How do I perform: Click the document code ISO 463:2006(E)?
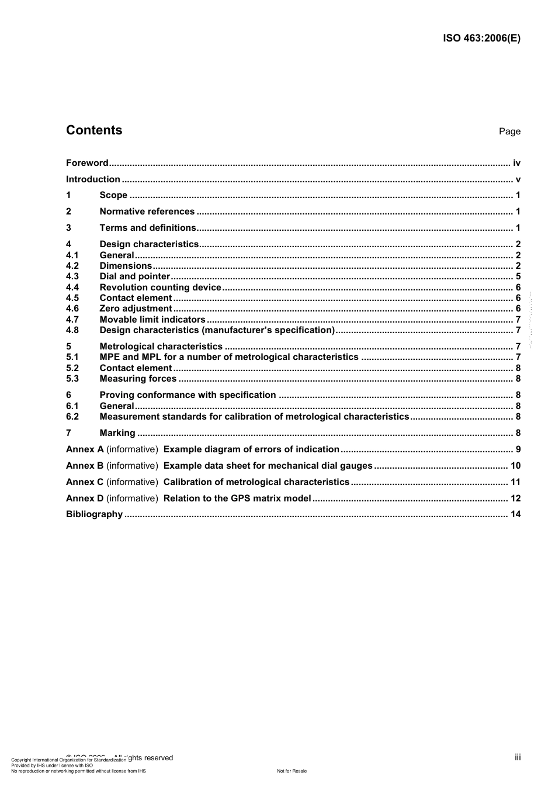pyautogui.click(x=481, y=39)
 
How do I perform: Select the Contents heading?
pyautogui.click(x=94, y=130)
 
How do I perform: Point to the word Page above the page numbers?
pyautogui.click(x=509, y=131)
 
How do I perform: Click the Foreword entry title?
pyautogui.click(x=87, y=163)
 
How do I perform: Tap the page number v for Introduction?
pyautogui.click(x=518, y=179)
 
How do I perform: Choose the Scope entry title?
pyautogui.click(x=113, y=195)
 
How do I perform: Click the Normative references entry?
pyautogui.click(x=147, y=212)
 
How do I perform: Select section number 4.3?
pyautogui.click(x=72, y=276)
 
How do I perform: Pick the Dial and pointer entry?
pyautogui.click(x=135, y=276)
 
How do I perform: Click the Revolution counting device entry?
pyautogui.click(x=161, y=288)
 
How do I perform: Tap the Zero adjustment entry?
pyautogui.click(x=136, y=309)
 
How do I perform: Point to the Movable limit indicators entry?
pyautogui.click(x=152, y=320)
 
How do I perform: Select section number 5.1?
pyautogui.click(x=72, y=357)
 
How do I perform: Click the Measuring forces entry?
pyautogui.click(x=138, y=379)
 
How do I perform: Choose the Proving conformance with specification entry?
pyautogui.click(x=188, y=395)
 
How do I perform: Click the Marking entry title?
pyautogui.click(x=117, y=433)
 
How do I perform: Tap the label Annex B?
pyautogui.click(x=85, y=466)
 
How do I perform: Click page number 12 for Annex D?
pyautogui.click(x=515, y=498)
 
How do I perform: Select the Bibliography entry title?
pyautogui.click(x=95, y=514)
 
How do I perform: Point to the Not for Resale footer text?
pyautogui.click(x=292, y=771)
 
